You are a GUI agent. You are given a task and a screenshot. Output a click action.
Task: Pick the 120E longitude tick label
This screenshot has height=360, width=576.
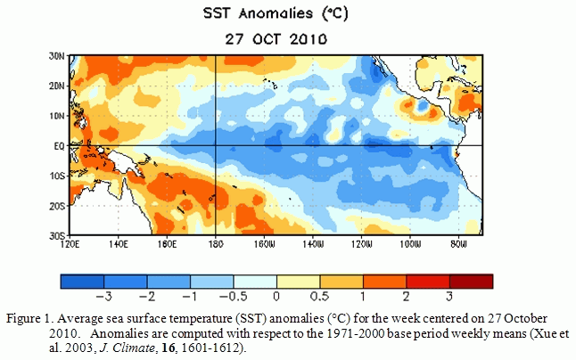coord(70,242)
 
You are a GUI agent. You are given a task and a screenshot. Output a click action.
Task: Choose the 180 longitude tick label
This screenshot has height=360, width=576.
coord(217,242)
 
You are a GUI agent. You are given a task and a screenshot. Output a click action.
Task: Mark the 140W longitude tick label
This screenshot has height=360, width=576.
coord(312,242)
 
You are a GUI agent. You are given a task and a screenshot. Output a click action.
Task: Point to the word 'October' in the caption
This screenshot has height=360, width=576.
coord(525,318)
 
